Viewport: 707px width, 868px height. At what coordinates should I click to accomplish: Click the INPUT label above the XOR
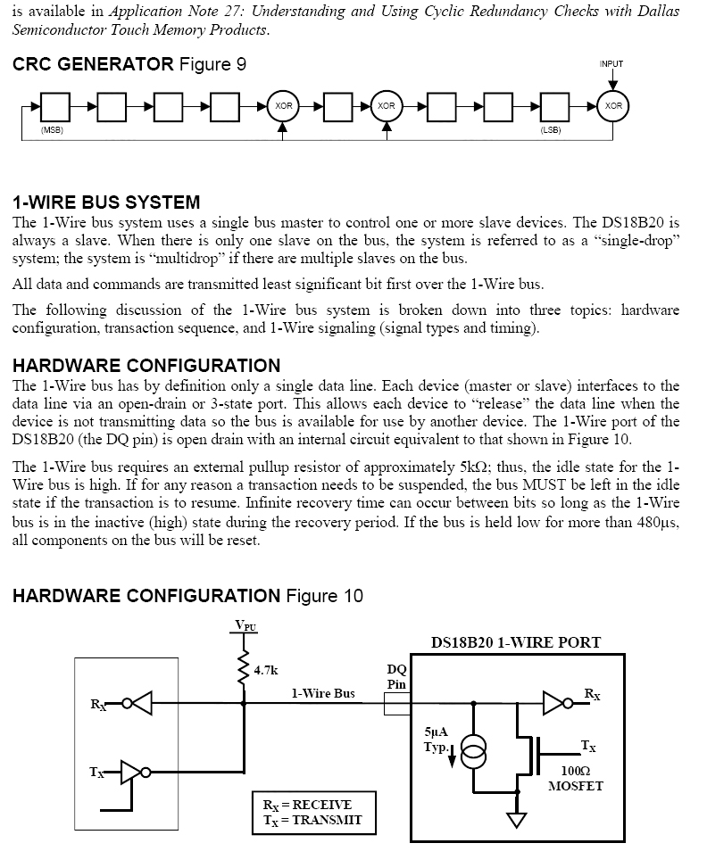pyautogui.click(x=611, y=64)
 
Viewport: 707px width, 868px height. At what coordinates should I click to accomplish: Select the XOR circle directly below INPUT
pyautogui.click(x=613, y=106)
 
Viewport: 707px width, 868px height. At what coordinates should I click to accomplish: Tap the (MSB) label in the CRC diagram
pyautogui.click(x=52, y=131)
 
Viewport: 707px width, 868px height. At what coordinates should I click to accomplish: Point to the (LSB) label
pyautogui.click(x=550, y=131)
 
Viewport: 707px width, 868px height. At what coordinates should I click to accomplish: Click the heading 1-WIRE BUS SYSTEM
pyautogui.click(x=106, y=203)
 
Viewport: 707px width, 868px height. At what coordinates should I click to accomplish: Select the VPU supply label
pyautogui.click(x=244, y=625)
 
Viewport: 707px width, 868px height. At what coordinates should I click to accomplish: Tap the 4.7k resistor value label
pyautogui.click(x=265, y=670)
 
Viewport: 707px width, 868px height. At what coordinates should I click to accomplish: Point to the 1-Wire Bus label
pyautogui.click(x=322, y=693)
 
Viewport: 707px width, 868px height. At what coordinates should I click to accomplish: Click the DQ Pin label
pyautogui.click(x=396, y=676)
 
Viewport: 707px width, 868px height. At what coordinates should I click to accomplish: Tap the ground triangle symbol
pyautogui.click(x=517, y=819)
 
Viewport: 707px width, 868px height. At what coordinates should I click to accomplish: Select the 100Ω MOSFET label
pyautogui.click(x=575, y=778)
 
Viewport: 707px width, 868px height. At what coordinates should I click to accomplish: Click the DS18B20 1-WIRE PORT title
pyautogui.click(x=515, y=642)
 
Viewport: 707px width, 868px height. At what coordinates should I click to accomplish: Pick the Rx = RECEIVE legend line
pyautogui.click(x=307, y=804)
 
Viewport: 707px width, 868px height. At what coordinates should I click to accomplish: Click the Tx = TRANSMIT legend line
pyautogui.click(x=312, y=820)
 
